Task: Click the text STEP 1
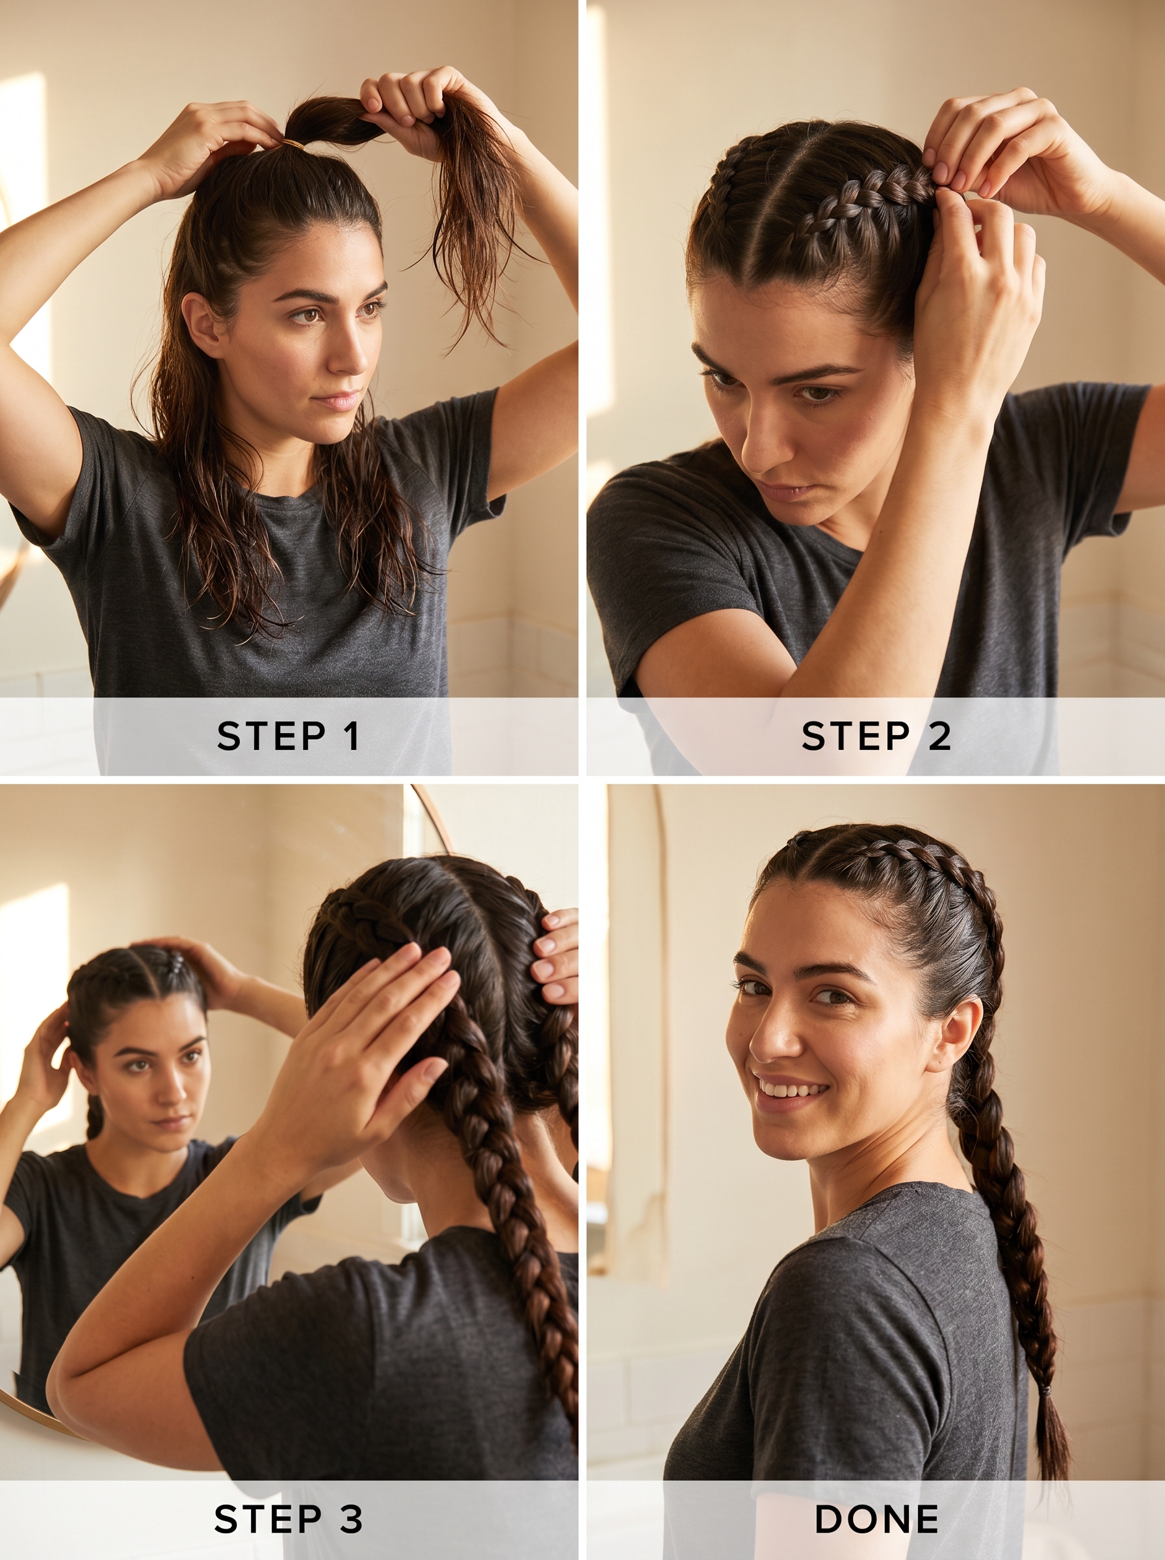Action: click(x=288, y=736)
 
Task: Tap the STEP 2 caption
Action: click(x=876, y=736)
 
